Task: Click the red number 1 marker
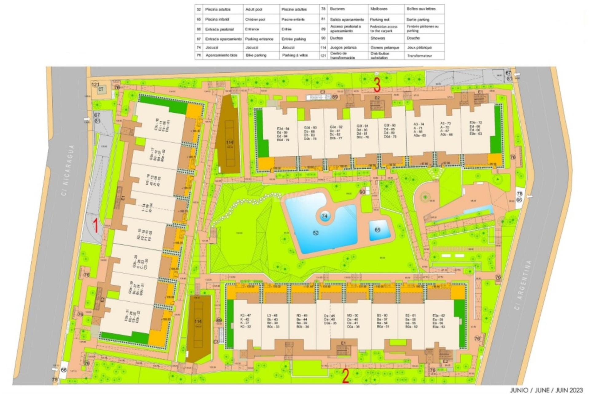(96, 225)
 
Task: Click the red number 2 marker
(345, 376)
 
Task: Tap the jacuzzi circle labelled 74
(324, 216)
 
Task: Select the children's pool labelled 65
(377, 230)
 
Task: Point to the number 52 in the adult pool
(316, 233)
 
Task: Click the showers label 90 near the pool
(362, 192)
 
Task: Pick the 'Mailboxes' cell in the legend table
(379, 9)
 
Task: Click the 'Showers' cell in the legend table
(378, 38)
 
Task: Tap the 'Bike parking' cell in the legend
(256, 55)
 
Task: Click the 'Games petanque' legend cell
(384, 48)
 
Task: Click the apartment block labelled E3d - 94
(283, 134)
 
